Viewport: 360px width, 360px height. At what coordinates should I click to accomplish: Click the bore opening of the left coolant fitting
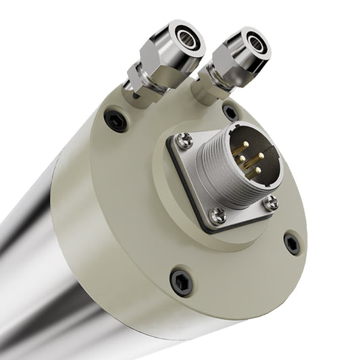tap(187, 38)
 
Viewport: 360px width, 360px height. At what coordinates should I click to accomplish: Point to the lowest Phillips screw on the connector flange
tap(217, 216)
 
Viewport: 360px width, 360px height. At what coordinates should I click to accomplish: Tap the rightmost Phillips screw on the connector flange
tap(270, 201)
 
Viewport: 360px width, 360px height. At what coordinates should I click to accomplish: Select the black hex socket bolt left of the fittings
tap(115, 120)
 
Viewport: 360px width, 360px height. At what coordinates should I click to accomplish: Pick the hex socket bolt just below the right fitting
tap(230, 111)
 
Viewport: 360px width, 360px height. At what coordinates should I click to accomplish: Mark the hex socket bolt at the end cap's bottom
tap(181, 280)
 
